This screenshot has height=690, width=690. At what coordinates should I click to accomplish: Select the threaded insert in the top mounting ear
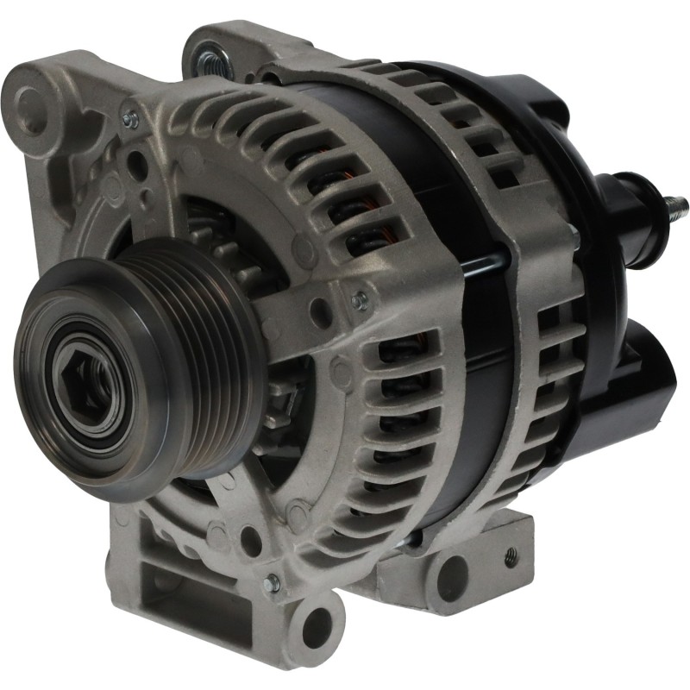(x=209, y=60)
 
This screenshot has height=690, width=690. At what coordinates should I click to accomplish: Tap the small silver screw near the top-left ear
(x=130, y=120)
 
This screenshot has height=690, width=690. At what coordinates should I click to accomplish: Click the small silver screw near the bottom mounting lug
(x=273, y=583)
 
